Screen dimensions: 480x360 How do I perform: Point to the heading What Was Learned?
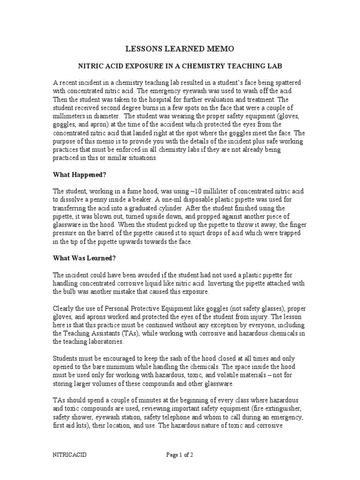(84, 258)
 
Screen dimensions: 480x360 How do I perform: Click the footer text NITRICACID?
(69, 455)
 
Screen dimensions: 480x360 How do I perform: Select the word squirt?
(222, 233)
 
